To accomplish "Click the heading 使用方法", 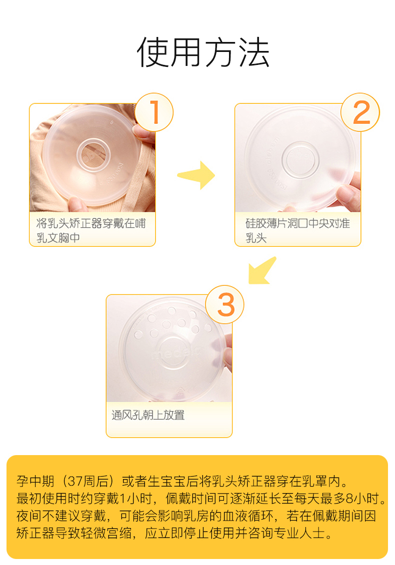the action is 203,52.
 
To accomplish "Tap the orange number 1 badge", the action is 154,112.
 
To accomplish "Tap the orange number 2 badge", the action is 360,112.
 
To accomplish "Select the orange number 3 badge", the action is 224,304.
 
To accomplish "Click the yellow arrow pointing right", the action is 196,175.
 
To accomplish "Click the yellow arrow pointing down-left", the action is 262,270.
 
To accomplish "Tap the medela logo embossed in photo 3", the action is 177,352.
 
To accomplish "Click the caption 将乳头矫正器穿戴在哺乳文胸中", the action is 91,230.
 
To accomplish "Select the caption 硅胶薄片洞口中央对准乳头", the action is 297,230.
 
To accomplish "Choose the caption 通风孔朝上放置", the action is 148,415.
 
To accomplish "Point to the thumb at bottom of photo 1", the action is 77,204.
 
